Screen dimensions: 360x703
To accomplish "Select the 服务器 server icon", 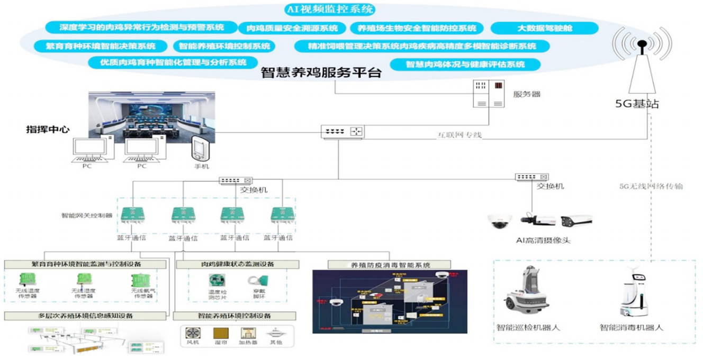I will coord(487,94).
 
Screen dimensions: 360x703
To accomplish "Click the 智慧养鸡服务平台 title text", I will coord(321,73).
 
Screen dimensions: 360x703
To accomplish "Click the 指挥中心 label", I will coord(48,129).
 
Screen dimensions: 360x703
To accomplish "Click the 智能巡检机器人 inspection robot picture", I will coord(526,294).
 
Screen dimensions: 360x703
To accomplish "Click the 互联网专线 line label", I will coord(459,136).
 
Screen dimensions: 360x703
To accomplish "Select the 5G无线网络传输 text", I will coord(651,186).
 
